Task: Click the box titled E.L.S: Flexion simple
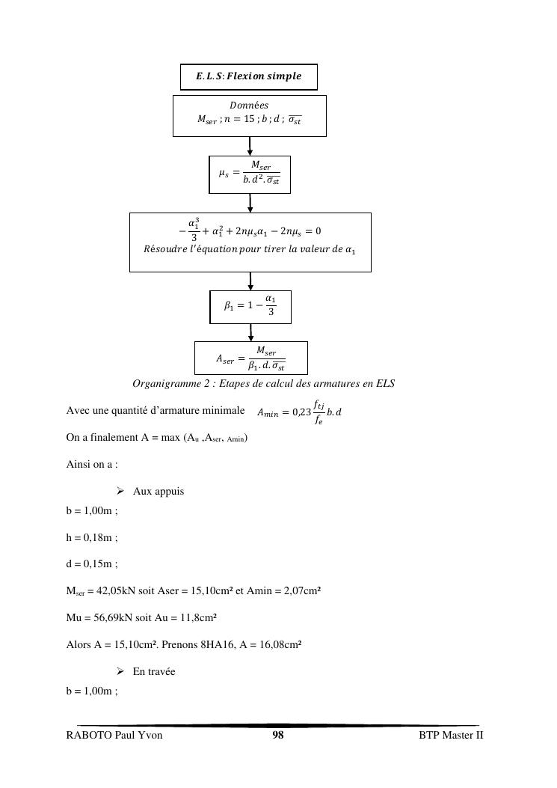pyautogui.click(x=249, y=76)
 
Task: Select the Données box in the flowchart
pyautogui.click(x=249, y=115)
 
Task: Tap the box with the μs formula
pyautogui.click(x=249, y=174)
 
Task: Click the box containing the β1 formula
pyautogui.click(x=250, y=307)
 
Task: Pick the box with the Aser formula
pyautogui.click(x=250, y=358)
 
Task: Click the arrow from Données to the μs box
pyautogui.click(x=250, y=146)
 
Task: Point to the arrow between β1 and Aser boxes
pyautogui.click(x=250, y=333)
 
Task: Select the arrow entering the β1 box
pyautogui.click(x=250, y=281)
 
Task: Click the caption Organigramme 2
pyautogui.click(x=263, y=384)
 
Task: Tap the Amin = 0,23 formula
pyautogui.click(x=299, y=411)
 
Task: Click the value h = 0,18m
pyautogui.click(x=92, y=537)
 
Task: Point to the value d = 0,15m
pyautogui.click(x=92, y=564)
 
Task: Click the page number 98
pyautogui.click(x=277, y=736)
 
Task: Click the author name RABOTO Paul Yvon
pyautogui.click(x=114, y=736)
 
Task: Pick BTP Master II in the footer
pyautogui.click(x=451, y=736)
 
